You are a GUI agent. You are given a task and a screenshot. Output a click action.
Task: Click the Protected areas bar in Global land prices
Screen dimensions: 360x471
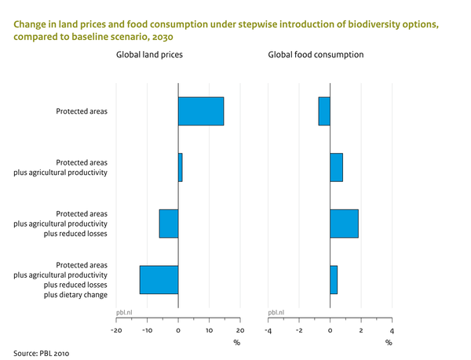tap(201, 111)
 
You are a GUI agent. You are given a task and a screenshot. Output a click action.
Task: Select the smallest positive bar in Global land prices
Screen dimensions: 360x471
tap(180, 167)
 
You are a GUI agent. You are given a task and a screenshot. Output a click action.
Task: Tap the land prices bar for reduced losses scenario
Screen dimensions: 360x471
tap(169, 224)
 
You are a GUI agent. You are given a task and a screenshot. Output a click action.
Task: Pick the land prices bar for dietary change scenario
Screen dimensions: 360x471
tap(159, 280)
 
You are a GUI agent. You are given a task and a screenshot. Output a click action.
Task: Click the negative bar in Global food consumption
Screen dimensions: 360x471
tap(324, 111)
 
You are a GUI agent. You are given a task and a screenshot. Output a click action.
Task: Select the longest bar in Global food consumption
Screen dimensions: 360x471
tap(344, 224)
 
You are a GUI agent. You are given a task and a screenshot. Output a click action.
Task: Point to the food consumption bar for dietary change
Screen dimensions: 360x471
tap(334, 280)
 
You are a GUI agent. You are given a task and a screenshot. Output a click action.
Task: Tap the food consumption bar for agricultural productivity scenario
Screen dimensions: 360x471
tap(336, 167)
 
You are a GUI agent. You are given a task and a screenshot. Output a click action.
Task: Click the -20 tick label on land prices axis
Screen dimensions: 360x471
tap(115, 330)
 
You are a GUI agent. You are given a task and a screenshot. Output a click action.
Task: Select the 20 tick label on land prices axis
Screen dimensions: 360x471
tap(240, 330)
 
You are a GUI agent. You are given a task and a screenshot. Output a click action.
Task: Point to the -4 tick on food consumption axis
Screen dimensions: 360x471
tap(268, 330)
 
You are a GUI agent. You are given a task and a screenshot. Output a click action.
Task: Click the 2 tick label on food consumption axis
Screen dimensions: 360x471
tap(361, 330)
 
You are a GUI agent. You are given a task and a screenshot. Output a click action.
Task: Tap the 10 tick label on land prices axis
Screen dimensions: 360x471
tap(209, 330)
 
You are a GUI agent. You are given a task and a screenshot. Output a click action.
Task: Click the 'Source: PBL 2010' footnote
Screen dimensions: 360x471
tap(42, 353)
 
